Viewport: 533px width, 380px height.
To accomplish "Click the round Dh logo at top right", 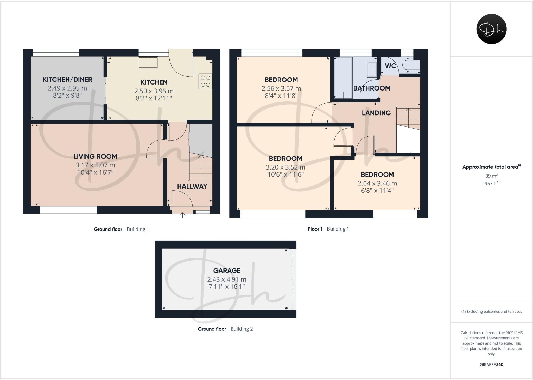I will tap(491, 29).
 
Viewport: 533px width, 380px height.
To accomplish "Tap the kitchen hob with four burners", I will tap(205, 81).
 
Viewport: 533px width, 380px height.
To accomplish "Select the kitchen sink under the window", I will tap(148, 63).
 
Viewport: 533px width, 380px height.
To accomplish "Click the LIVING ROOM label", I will tap(95, 156).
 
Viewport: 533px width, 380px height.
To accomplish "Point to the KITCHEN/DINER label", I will tap(67, 80).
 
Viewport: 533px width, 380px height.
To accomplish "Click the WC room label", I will tap(390, 66).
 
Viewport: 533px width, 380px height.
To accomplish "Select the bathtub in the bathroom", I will tap(343, 78).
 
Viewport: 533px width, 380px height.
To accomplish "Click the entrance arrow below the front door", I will tap(182, 215).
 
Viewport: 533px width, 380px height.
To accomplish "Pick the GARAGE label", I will tap(227, 270).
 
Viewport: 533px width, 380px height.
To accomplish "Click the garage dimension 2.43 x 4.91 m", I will tap(227, 279).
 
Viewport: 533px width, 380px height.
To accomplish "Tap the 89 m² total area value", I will tap(491, 176).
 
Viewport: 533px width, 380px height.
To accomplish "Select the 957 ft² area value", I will tap(491, 184).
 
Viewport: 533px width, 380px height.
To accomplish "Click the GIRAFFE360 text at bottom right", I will tap(491, 365).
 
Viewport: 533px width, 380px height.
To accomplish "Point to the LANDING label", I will tap(376, 113).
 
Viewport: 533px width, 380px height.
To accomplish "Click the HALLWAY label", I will tap(192, 186).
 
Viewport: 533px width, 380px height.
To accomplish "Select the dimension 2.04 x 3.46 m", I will tap(377, 183).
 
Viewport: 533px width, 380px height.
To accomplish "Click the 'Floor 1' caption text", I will tap(315, 229).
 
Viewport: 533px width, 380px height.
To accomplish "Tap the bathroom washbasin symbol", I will tap(371, 70).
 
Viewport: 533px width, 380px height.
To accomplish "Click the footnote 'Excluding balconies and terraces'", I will tap(491, 311).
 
